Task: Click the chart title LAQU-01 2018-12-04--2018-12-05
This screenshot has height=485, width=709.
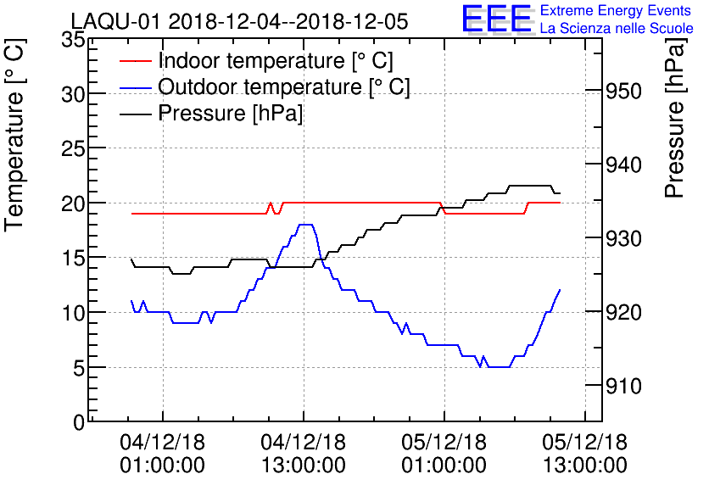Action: [x=240, y=21]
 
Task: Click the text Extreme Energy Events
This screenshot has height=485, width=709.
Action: [x=617, y=11]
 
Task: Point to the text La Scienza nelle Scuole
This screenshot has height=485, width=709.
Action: [x=617, y=29]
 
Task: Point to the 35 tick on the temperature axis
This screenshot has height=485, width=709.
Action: [x=73, y=39]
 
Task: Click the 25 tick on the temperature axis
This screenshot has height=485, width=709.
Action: [x=73, y=148]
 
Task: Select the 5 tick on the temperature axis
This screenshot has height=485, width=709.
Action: [x=79, y=368]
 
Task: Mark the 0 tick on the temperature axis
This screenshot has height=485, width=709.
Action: [x=79, y=422]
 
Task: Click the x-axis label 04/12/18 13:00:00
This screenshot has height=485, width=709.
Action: [x=303, y=454]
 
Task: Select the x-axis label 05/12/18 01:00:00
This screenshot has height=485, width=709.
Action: [x=444, y=454]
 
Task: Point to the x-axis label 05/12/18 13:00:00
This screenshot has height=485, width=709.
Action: [x=585, y=454]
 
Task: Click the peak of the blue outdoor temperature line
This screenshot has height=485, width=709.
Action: [x=306, y=225]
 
